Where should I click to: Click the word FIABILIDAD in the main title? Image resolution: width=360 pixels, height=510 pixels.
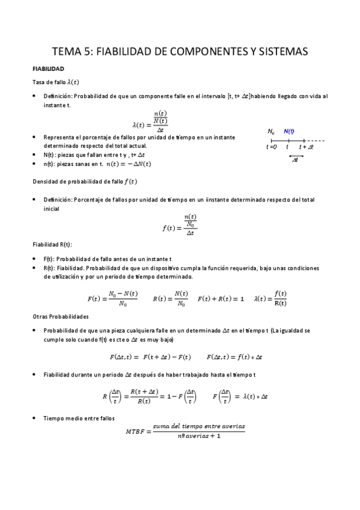(x=127, y=52)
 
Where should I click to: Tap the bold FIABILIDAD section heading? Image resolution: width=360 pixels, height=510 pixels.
(x=52, y=69)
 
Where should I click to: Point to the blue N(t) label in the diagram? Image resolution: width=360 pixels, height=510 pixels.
(x=288, y=132)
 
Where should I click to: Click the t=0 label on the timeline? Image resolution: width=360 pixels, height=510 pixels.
(x=272, y=147)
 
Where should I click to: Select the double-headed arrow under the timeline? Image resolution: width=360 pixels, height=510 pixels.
(x=296, y=157)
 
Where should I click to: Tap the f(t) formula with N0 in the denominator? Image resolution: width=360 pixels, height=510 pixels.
(x=180, y=224)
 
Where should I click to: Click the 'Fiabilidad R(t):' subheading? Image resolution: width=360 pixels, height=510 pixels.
(x=52, y=245)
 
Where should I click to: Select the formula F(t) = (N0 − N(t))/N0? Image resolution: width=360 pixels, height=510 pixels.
(x=113, y=298)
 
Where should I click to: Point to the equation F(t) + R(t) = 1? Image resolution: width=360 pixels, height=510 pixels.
(x=221, y=298)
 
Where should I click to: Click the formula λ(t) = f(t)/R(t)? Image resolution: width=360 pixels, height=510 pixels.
(x=271, y=298)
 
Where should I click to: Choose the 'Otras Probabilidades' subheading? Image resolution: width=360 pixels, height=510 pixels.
(x=61, y=316)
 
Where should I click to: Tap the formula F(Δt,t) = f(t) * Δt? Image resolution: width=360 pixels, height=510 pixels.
(x=234, y=357)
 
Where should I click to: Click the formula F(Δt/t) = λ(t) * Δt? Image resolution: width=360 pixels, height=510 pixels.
(x=241, y=396)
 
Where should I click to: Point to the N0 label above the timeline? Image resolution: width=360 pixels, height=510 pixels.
(x=271, y=132)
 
